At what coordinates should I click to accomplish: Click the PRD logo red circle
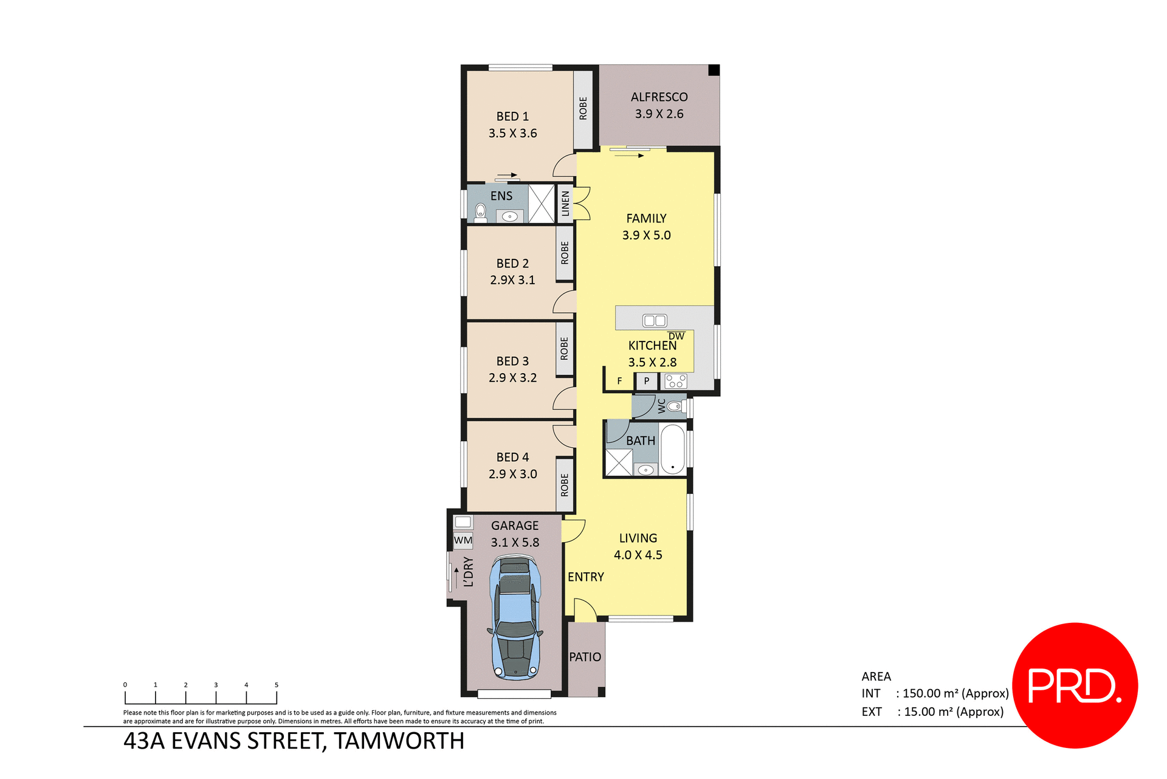(x=1075, y=685)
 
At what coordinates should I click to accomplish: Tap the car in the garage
(x=515, y=618)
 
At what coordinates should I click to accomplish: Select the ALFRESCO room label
(x=659, y=97)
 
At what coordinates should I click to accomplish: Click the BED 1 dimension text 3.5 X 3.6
(x=512, y=133)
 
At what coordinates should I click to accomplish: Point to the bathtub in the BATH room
(x=672, y=450)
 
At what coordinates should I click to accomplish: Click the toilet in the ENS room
(x=481, y=211)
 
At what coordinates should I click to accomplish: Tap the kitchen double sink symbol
(x=655, y=320)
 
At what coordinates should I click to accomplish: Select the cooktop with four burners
(x=675, y=381)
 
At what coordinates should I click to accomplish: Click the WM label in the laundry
(x=463, y=540)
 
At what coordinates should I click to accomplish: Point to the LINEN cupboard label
(x=565, y=204)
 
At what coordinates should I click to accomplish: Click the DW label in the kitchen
(x=676, y=336)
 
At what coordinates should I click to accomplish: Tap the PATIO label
(x=585, y=657)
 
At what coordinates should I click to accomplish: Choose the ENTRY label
(x=585, y=577)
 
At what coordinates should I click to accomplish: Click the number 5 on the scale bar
(x=277, y=685)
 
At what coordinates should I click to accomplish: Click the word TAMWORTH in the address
(x=399, y=741)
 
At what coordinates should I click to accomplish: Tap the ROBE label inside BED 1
(x=583, y=108)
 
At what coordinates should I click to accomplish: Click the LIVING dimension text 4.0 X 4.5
(x=638, y=555)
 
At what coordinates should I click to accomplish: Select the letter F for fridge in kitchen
(x=619, y=381)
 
